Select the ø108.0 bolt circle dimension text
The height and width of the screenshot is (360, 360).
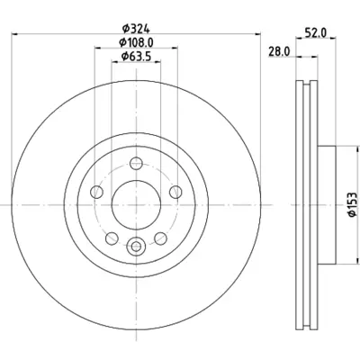click(x=137, y=41)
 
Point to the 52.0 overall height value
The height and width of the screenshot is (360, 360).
click(x=316, y=33)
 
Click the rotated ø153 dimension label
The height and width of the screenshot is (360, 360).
click(x=347, y=207)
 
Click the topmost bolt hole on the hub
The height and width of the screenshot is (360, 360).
click(x=135, y=163)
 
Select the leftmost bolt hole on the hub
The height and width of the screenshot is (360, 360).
click(x=95, y=191)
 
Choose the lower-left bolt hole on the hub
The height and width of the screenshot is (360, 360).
click(x=111, y=238)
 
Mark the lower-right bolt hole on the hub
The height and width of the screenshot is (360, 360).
click(x=159, y=238)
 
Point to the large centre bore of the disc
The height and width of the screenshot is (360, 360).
click(x=135, y=205)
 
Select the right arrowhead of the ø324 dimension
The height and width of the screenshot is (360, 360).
click(x=259, y=34)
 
